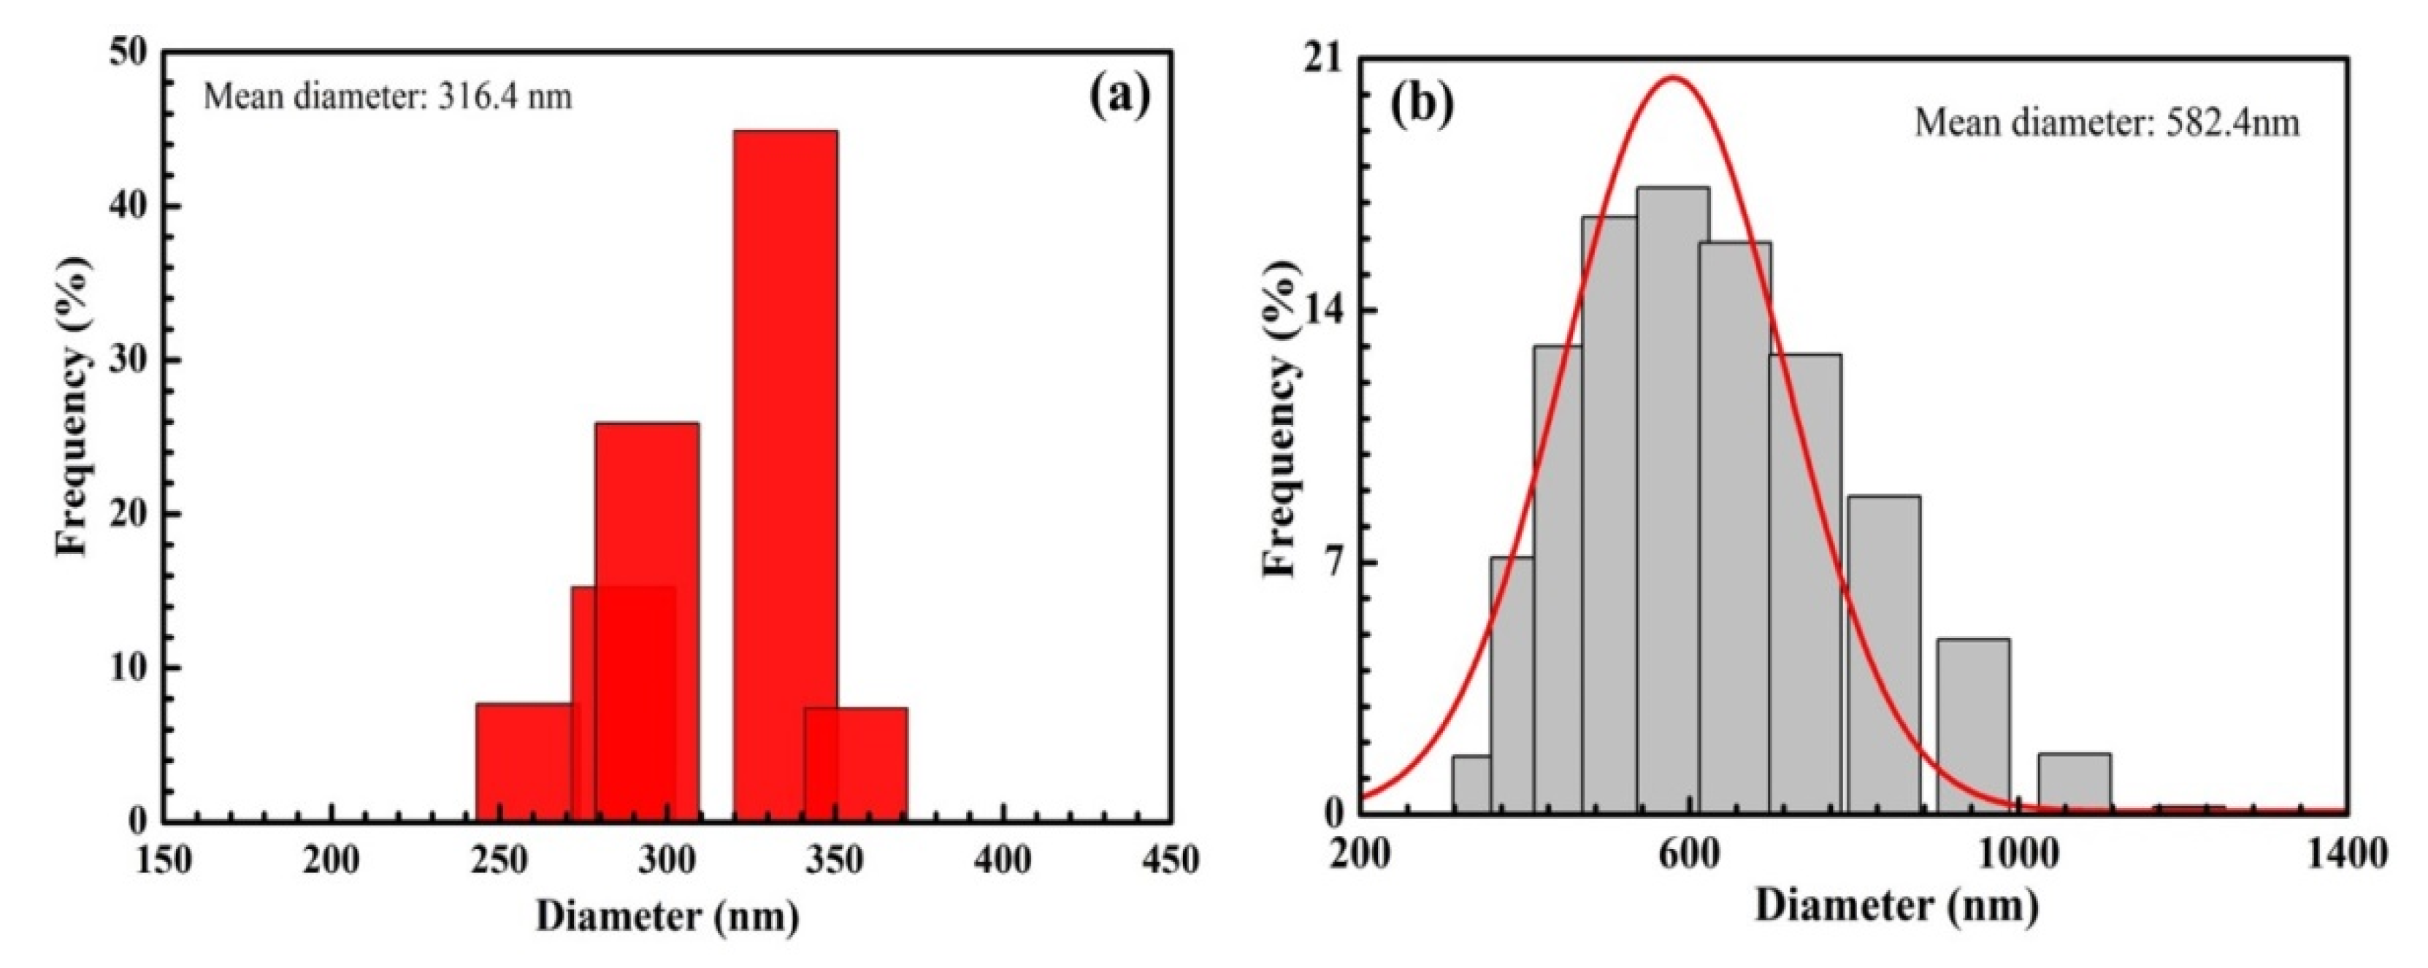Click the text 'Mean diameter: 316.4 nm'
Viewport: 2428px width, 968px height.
(388, 97)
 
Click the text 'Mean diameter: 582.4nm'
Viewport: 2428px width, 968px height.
(2107, 123)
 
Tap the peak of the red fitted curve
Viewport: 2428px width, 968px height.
(1673, 78)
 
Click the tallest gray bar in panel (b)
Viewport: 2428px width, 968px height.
(1672, 499)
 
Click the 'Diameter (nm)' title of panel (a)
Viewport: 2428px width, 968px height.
(667, 916)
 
